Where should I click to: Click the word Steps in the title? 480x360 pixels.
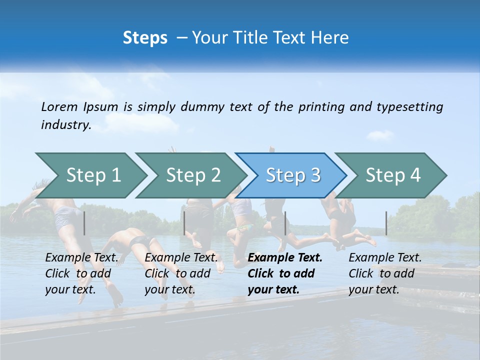tap(145, 37)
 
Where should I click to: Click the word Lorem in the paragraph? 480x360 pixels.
tap(59, 106)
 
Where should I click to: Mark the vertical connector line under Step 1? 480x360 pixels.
tap(84, 223)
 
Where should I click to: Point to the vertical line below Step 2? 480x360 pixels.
tap(184, 223)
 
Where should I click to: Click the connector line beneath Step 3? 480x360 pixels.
tap(285, 223)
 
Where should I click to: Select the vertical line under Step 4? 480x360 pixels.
tap(386, 223)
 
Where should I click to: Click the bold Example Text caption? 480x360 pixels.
tap(285, 273)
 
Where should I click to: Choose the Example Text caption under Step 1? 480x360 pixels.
tap(82, 273)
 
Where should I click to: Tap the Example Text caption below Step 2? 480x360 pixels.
tap(181, 273)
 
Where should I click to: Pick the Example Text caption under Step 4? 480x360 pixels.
tap(385, 273)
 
